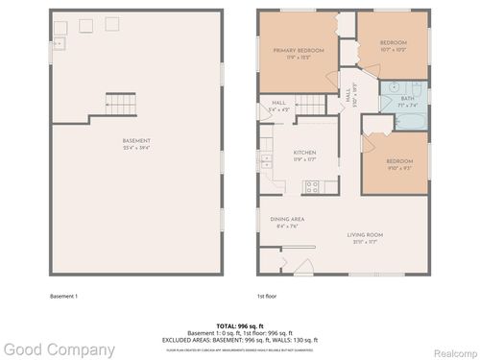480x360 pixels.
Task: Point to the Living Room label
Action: pyautogui.click(x=366, y=236)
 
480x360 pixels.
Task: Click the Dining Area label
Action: pyautogui.click(x=287, y=222)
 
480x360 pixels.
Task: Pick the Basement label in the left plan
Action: pyautogui.click(x=135, y=144)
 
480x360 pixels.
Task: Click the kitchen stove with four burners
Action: pyautogui.click(x=310, y=186)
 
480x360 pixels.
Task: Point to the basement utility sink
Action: pyautogui.click(x=59, y=42)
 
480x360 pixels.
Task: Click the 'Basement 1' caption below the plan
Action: pyautogui.click(x=63, y=296)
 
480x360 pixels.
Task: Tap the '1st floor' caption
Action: pyautogui.click(x=268, y=296)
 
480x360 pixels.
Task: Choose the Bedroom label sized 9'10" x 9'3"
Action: pyautogui.click(x=399, y=163)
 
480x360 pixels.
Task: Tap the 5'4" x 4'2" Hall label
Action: pyautogui.click(x=279, y=105)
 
